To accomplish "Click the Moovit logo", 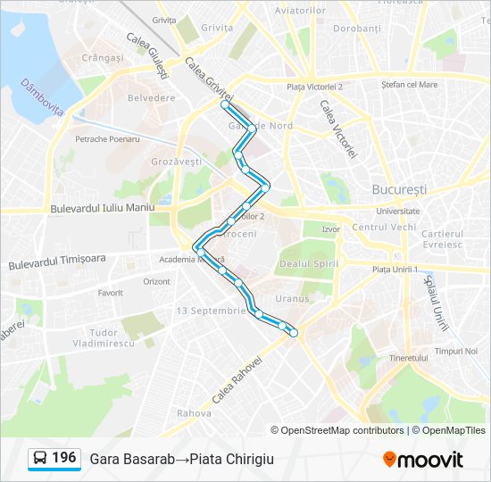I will (x=423, y=460).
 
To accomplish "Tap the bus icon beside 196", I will (x=38, y=459).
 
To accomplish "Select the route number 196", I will (x=63, y=458).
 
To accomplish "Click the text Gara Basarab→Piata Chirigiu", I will (x=181, y=459).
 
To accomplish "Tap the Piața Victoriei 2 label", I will (x=315, y=87).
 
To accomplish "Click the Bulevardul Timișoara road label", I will (x=57, y=262).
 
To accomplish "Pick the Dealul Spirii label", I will (x=306, y=263).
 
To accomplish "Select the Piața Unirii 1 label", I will (x=395, y=269).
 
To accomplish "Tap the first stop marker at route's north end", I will (x=225, y=104).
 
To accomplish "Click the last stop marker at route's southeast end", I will (x=294, y=333).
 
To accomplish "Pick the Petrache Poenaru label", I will (x=107, y=139).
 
